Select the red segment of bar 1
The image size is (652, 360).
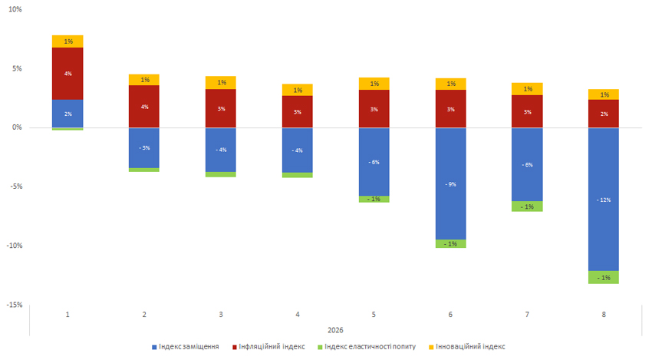pyautogui.click(x=68, y=74)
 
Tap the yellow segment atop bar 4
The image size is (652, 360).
pyautogui.click(x=298, y=90)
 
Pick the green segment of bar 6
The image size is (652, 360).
pyautogui.click(x=451, y=243)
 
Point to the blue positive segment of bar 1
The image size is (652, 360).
pyautogui.click(x=68, y=114)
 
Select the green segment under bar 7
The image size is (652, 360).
pyautogui.click(x=528, y=206)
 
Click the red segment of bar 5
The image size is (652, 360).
pyautogui.click(x=374, y=109)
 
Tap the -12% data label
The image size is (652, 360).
pyautogui.click(x=604, y=200)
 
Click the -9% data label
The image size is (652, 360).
pyautogui.click(x=451, y=184)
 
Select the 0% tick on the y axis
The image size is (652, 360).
pyautogui.click(x=18, y=127)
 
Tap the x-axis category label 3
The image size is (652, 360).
pyautogui.click(x=222, y=315)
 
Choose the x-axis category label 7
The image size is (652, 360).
pyautogui.click(x=528, y=315)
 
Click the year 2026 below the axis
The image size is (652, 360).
pyautogui.click(x=335, y=330)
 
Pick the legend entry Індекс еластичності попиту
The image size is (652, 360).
pyautogui.click(x=368, y=347)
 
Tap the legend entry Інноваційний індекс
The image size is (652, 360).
pyautogui.click(x=469, y=347)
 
